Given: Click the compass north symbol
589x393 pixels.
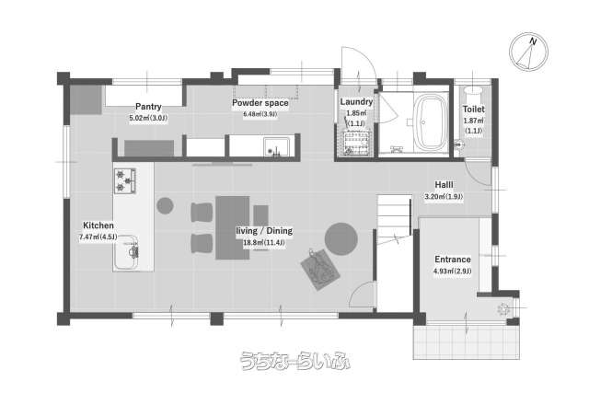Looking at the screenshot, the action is pos(528,52).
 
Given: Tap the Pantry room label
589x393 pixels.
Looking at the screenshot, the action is pos(148,107).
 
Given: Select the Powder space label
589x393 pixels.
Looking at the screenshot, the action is pos(260,103).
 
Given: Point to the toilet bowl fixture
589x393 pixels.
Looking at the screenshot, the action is pos(472,90).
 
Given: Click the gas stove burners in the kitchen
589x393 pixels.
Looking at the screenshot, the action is pos(125,180).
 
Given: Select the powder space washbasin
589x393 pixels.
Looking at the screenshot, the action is pos(277,146).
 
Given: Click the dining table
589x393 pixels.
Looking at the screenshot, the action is pos(233,227).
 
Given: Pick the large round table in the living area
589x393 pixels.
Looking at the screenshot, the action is pos(341,239).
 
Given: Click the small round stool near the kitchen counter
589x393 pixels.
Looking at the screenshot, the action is pos(165,205).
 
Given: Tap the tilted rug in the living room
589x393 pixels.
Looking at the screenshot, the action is pos(320,269).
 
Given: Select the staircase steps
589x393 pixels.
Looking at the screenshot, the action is pos(394,219).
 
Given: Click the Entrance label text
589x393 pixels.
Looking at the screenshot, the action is pos(453,260).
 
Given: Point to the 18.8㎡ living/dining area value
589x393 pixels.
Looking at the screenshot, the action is pos(264,243).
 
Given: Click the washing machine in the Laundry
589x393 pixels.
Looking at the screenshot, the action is pos(356,144).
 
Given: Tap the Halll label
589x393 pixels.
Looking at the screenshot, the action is pos(444,185).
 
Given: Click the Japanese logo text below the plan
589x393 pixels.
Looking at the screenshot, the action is pos(295,361).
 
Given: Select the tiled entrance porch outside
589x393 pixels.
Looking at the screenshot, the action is pos(467,341).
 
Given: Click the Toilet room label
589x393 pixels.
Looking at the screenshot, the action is pos(473,110).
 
